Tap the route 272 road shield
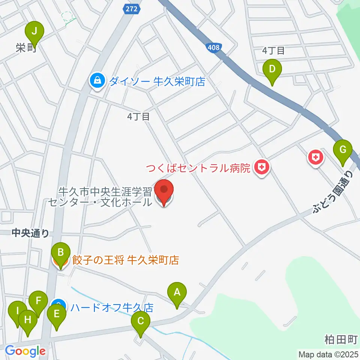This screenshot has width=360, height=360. coord(132,9)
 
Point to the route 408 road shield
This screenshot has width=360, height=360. coord(214,47)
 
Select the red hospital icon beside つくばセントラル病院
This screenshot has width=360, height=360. coord(262,167)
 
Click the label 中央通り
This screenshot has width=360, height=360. coord(30,234)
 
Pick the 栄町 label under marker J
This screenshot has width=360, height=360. coord(25,48)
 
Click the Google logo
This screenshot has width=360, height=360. coord(25,351)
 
